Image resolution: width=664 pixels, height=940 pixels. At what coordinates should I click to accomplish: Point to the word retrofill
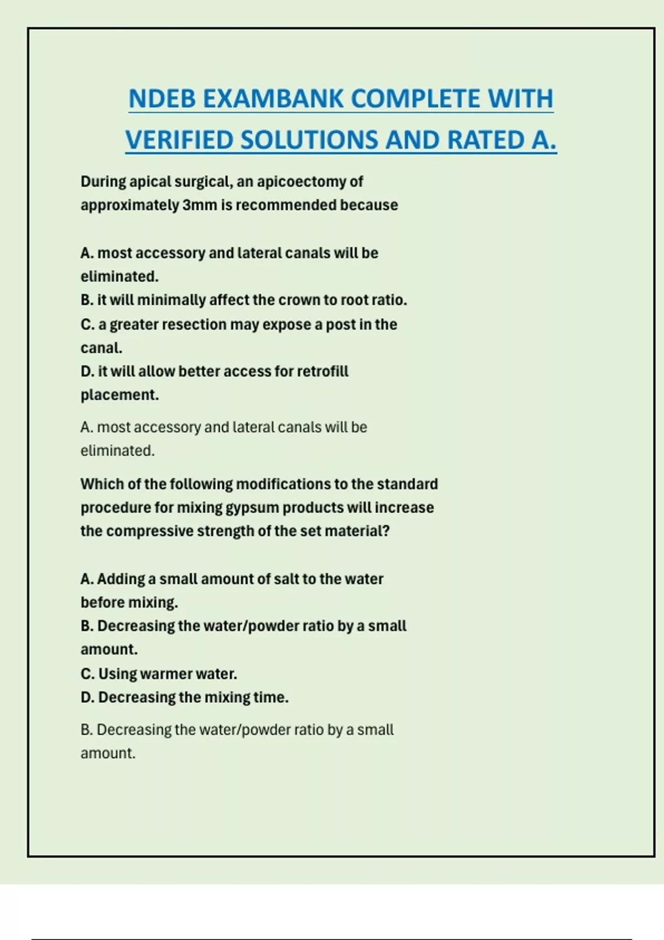(323, 371)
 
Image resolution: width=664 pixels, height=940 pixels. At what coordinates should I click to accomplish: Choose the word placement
(120, 395)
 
